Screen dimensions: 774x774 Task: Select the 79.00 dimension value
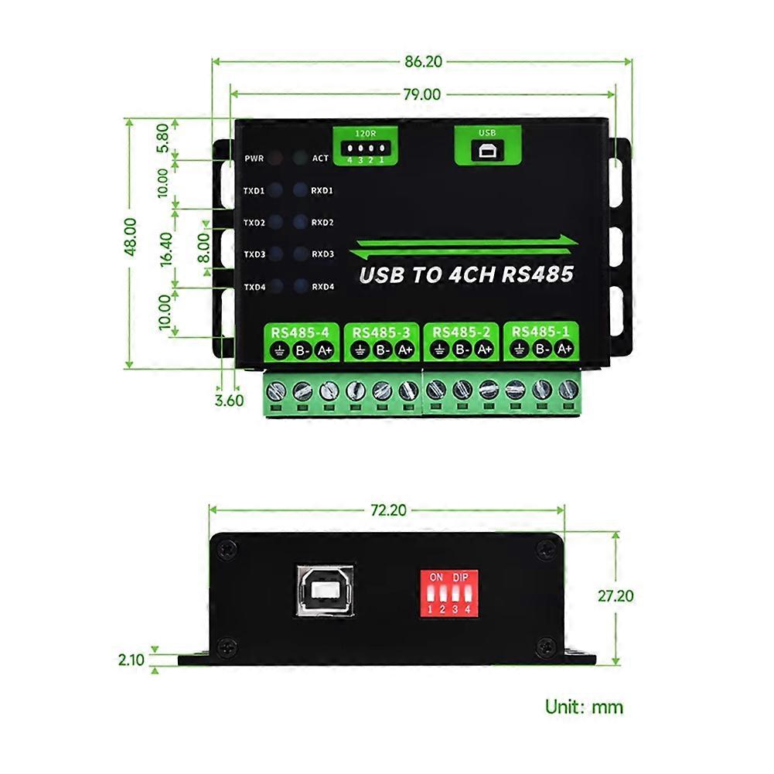tap(422, 94)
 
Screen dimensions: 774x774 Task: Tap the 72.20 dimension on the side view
tap(387, 510)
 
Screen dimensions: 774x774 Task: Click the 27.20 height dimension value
tap(615, 596)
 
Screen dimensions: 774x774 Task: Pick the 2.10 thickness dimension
tap(131, 660)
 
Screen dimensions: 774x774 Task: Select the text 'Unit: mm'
tap(584, 706)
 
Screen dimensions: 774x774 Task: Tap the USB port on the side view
tap(325, 590)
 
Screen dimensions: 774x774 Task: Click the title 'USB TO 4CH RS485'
tap(466, 274)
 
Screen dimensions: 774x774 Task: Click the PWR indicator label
tap(254, 159)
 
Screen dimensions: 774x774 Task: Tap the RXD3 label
tap(322, 254)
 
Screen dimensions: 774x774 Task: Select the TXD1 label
tap(254, 190)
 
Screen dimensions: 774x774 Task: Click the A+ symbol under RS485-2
tap(484, 349)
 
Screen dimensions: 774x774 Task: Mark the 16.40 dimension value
tap(166, 249)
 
